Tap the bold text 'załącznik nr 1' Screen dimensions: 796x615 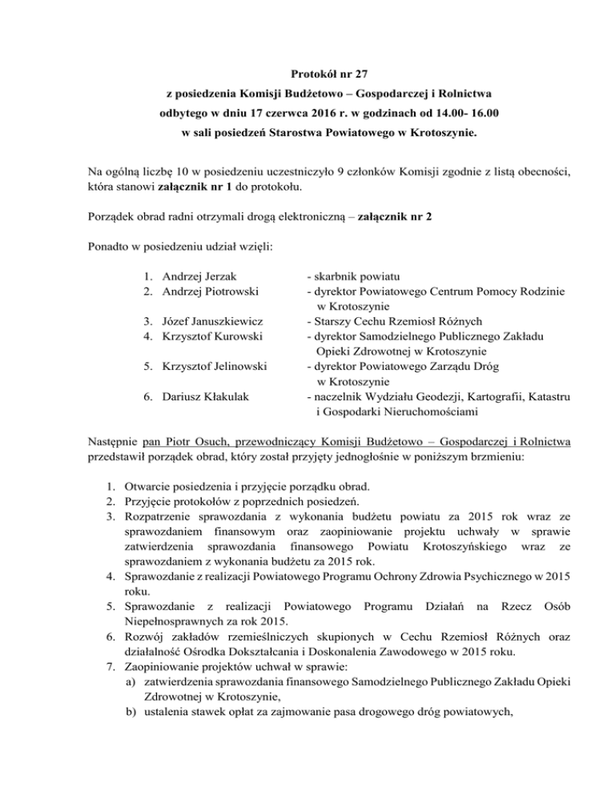(210, 189)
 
